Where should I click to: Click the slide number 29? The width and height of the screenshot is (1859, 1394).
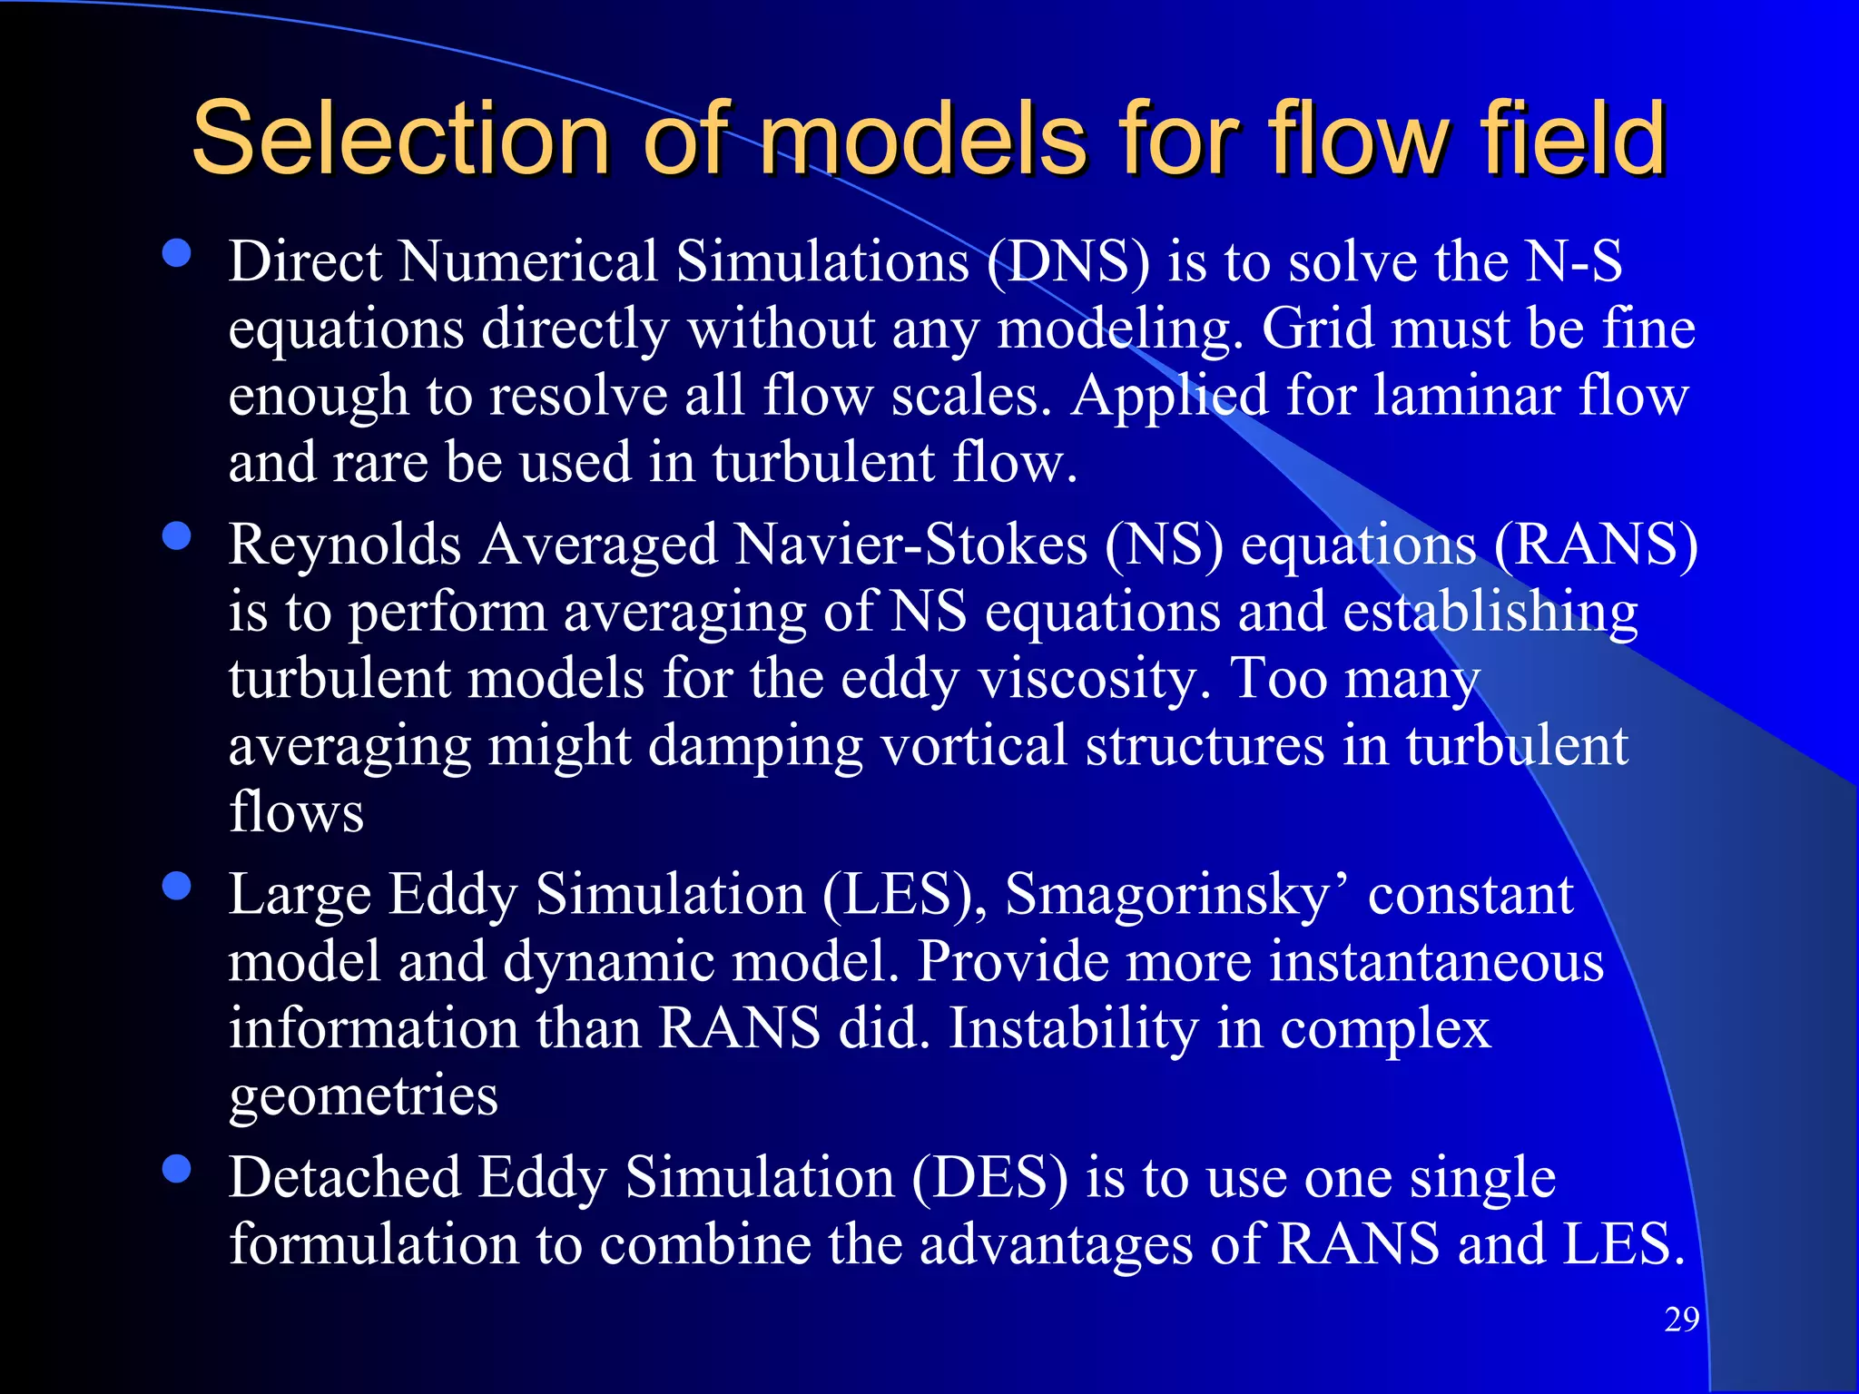tap(1681, 1319)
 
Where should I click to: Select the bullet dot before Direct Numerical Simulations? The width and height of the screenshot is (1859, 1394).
tap(176, 253)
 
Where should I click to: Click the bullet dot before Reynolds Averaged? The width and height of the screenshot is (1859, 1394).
tap(176, 536)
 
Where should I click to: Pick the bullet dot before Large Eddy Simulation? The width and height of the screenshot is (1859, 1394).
tap(176, 886)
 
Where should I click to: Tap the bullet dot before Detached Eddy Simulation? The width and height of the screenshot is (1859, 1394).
tap(176, 1169)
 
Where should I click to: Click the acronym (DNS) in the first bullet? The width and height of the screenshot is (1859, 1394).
tap(1068, 262)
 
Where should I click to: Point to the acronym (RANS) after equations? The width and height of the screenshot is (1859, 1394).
tap(1595, 545)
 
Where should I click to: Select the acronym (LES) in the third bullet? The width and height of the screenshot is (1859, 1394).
tap(905, 895)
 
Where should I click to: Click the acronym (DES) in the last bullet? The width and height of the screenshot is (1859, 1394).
tap(989, 1178)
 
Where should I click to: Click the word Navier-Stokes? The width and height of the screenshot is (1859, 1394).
tap(911, 545)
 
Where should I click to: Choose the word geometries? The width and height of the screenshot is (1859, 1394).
tap(363, 1096)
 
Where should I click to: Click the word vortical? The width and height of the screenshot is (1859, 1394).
tap(974, 746)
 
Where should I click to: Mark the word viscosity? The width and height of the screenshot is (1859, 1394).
tap(1094, 680)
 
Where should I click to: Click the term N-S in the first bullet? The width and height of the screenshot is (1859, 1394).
tap(1574, 262)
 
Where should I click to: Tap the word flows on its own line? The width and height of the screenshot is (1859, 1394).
tap(296, 812)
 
